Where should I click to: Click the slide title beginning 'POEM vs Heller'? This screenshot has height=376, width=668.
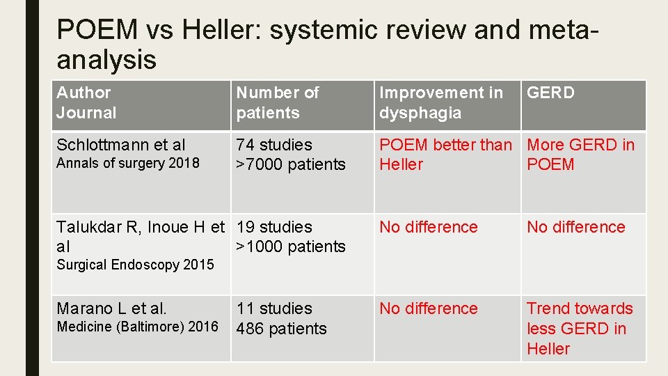pyautogui.click(x=327, y=45)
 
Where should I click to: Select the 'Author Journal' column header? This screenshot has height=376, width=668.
pyautogui.click(x=86, y=102)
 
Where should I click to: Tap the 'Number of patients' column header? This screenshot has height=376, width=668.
pyautogui.click(x=277, y=102)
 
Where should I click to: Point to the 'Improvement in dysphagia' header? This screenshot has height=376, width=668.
pyautogui.click(x=440, y=102)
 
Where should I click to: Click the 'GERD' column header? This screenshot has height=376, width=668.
pyautogui.click(x=550, y=93)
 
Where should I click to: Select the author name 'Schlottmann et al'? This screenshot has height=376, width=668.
pyautogui.click(x=120, y=145)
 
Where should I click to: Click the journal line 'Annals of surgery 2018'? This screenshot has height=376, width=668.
pyautogui.click(x=127, y=164)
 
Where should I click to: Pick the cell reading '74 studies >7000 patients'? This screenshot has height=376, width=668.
pyautogui.click(x=290, y=155)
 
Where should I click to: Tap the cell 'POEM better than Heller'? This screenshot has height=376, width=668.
pyautogui.click(x=445, y=155)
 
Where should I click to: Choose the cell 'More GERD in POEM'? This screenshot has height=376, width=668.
pyautogui.click(x=580, y=155)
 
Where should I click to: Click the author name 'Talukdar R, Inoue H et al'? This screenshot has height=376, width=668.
pyautogui.click(x=140, y=236)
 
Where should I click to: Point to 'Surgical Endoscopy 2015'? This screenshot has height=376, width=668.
pyautogui.click(x=135, y=265)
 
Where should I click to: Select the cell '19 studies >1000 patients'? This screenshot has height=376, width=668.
pyautogui.click(x=290, y=236)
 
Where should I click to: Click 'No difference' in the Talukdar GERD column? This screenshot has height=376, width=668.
pyautogui.click(x=575, y=227)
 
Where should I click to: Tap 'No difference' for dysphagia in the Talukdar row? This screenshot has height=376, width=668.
pyautogui.click(x=428, y=227)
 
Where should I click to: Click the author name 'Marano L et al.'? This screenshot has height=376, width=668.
pyautogui.click(x=111, y=308)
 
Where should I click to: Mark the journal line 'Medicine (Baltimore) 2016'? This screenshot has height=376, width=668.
pyautogui.click(x=137, y=327)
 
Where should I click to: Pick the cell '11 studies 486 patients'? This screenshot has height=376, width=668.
pyautogui.click(x=281, y=318)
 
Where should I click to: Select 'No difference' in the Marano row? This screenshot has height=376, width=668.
pyautogui.click(x=428, y=308)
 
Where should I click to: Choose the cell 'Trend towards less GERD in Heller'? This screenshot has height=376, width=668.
pyautogui.click(x=580, y=328)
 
